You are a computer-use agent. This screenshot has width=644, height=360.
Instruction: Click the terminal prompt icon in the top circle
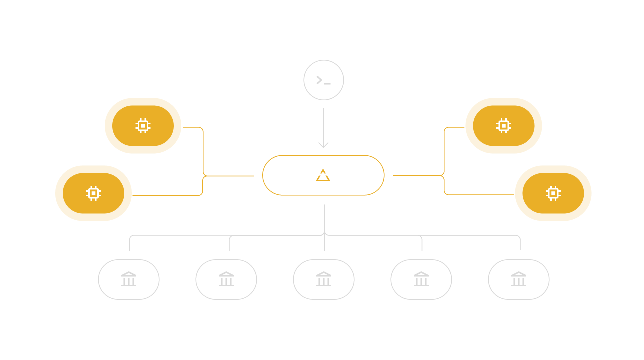coord(323,80)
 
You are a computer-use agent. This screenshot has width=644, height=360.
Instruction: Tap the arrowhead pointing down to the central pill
coord(323,145)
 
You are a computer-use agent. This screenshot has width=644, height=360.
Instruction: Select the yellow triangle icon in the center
coord(323,175)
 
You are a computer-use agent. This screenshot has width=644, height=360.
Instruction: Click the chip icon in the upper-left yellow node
coord(143,126)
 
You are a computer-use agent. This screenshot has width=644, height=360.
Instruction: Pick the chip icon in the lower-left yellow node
coord(93,193)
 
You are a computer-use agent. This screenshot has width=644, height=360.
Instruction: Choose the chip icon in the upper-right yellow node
coord(503,126)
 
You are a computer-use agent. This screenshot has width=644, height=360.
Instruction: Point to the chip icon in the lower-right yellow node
coord(553,193)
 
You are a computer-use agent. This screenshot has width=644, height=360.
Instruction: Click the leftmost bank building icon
coord(129,279)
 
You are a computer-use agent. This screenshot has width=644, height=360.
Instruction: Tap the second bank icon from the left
coord(226,279)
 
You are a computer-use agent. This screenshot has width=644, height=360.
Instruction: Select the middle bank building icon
coord(324,279)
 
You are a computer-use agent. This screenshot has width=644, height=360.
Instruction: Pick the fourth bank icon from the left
coord(421,279)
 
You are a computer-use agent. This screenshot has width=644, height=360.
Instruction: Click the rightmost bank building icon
coord(519,279)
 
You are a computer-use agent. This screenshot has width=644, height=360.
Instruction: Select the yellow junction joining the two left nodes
coord(204,176)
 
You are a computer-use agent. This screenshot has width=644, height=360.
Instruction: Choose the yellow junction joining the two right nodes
coord(444,176)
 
